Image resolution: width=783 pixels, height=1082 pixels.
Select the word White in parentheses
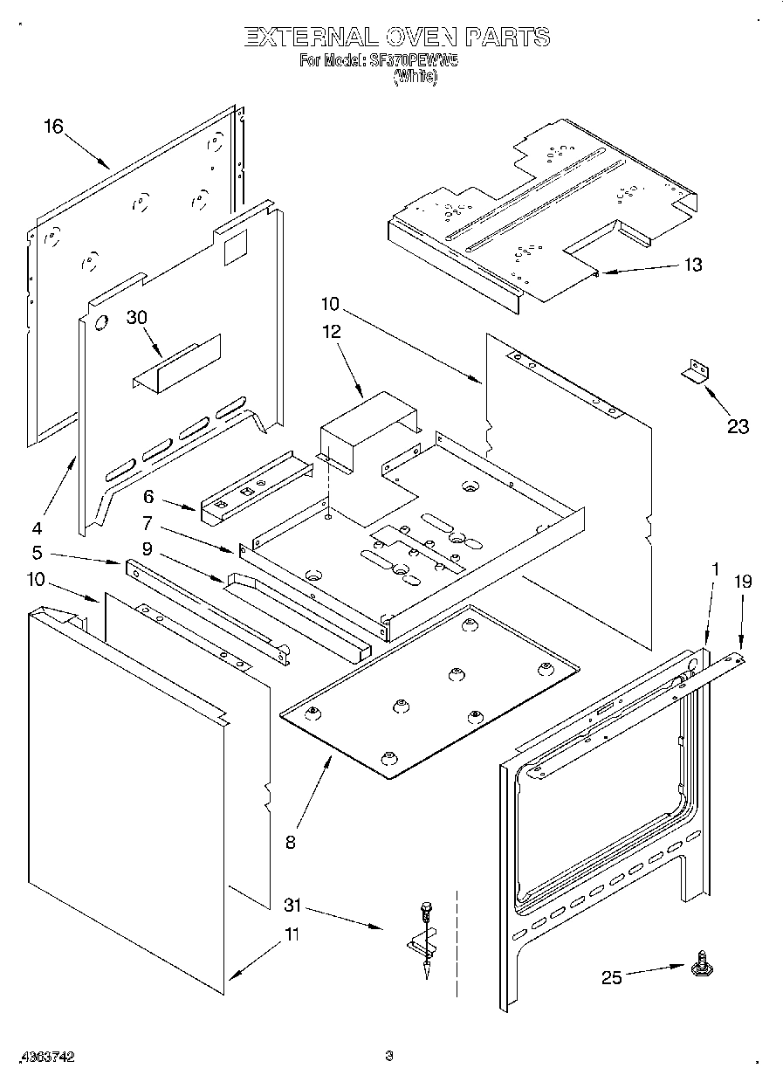click(415, 77)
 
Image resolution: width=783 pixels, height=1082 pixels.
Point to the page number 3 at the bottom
click(389, 1057)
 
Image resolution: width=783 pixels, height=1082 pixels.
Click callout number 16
click(54, 127)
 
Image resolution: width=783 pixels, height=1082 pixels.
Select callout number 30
click(137, 318)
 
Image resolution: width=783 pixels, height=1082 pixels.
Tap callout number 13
click(692, 265)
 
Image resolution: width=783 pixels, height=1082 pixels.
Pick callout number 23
click(738, 426)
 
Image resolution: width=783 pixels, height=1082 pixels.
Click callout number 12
click(332, 332)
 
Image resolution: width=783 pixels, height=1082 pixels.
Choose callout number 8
click(290, 842)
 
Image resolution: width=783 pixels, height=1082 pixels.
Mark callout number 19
click(742, 582)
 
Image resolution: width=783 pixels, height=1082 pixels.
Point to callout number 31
click(293, 906)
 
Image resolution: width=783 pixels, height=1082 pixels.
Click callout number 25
click(612, 977)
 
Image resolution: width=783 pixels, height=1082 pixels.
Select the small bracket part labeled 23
click(695, 371)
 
